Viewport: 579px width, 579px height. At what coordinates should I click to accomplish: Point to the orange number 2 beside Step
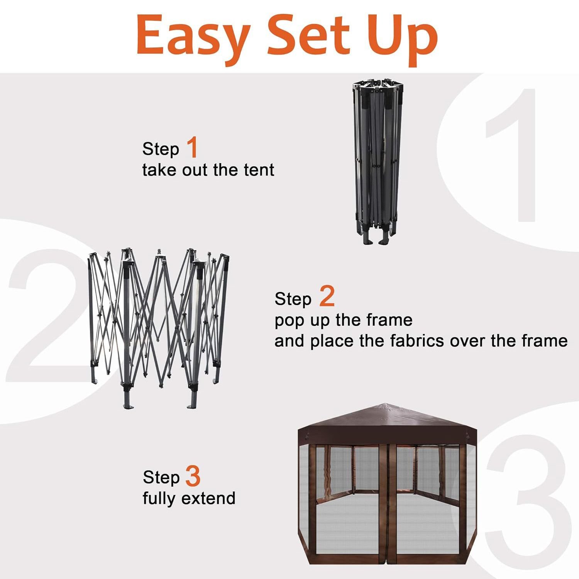click(327, 296)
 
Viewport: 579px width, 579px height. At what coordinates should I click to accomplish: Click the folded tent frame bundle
click(377, 162)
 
